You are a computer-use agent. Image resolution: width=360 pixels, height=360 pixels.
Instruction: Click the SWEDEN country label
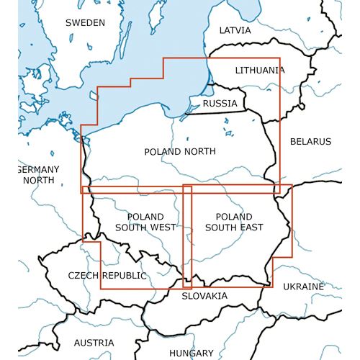pos(85,22)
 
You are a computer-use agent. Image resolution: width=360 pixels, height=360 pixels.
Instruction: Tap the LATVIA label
pos(235,31)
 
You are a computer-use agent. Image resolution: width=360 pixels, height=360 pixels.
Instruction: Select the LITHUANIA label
pos(260,71)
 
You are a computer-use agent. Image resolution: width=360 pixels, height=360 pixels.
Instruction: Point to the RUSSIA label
pos(220,104)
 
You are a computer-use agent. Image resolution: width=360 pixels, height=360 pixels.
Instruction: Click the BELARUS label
pos(310,142)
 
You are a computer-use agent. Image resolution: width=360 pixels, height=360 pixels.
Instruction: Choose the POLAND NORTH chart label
pos(179,151)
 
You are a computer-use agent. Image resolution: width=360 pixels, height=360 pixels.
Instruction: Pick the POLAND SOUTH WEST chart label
pos(145,222)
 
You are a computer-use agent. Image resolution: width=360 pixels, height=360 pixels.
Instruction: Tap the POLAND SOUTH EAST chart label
pos(234,222)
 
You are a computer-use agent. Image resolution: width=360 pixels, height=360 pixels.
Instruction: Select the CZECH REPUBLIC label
pos(107,276)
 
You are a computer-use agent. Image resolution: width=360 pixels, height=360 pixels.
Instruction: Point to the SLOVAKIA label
pos(204,296)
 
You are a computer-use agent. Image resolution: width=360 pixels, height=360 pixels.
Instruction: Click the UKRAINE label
pos(303,287)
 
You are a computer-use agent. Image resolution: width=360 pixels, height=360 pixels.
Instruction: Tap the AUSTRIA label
pos(94,343)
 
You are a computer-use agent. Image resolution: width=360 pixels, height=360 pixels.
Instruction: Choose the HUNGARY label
pos(191,353)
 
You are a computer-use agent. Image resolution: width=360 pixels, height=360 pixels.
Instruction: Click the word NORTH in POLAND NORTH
pos(199,151)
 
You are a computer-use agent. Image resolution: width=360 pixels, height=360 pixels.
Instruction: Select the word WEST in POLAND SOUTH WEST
pos(161,228)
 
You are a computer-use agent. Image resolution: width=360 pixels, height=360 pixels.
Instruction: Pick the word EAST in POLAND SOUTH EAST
pos(250,228)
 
